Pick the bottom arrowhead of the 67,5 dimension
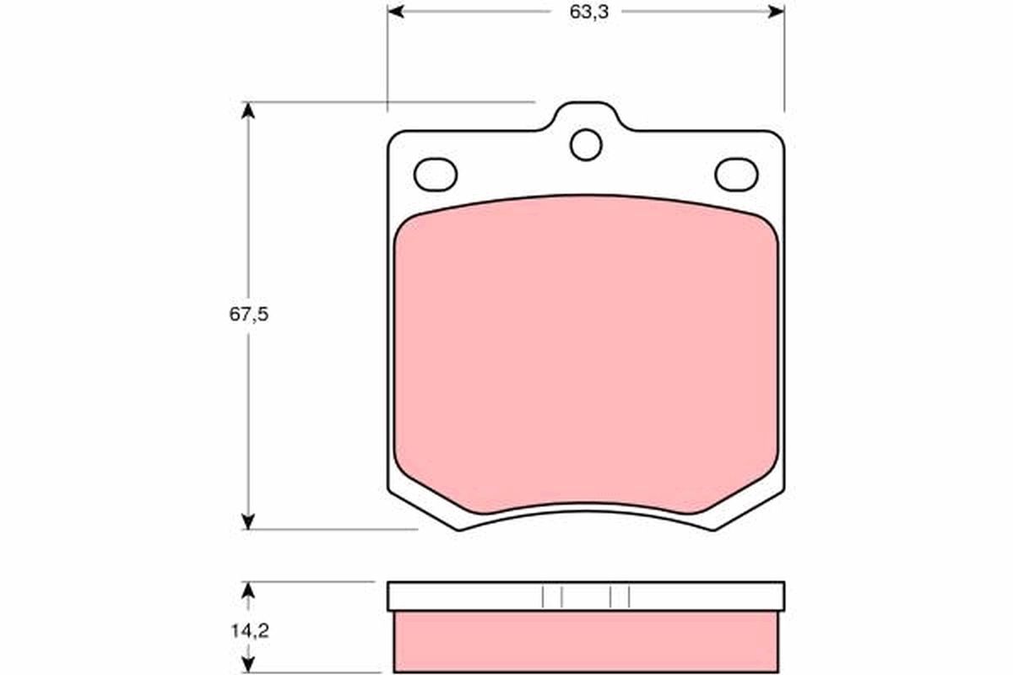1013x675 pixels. click(x=247, y=521)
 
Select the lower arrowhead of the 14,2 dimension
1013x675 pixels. click(x=247, y=666)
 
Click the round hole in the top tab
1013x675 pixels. click(x=586, y=144)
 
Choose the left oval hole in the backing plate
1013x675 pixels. click(x=436, y=175)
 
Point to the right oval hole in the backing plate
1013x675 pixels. click(x=736, y=175)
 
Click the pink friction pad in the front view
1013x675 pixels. click(x=586, y=354)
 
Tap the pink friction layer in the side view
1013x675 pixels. click(x=586, y=641)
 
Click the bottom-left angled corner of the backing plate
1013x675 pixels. click(x=422, y=510)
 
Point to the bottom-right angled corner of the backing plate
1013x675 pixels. click(x=750, y=510)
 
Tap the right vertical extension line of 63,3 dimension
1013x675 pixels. click(x=784, y=59)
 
